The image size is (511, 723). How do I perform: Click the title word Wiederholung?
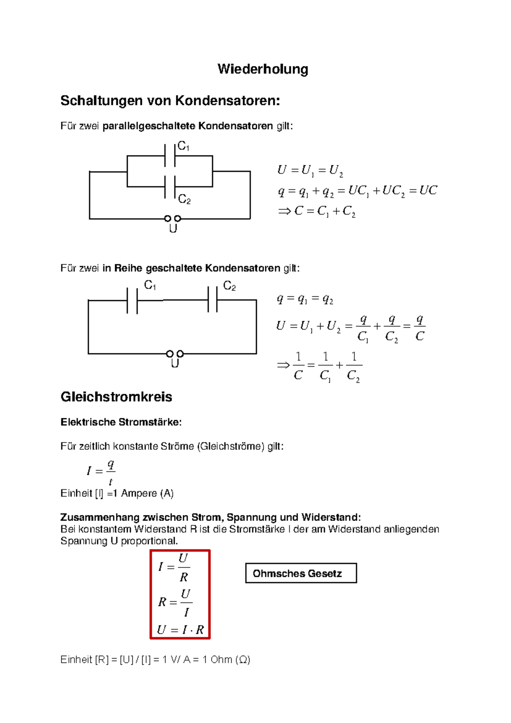click(x=263, y=69)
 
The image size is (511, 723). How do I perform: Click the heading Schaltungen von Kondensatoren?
click(x=170, y=101)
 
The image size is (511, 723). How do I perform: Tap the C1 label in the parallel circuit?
click(x=183, y=146)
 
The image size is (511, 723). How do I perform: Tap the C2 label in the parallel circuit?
click(x=184, y=199)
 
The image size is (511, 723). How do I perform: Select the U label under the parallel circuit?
click(x=173, y=229)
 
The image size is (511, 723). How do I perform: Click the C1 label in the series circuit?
click(x=150, y=285)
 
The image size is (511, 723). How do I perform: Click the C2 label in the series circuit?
click(x=229, y=286)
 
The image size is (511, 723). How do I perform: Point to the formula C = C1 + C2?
click(x=317, y=211)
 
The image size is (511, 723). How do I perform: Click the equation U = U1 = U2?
click(x=310, y=171)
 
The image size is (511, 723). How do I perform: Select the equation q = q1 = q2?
click(x=305, y=299)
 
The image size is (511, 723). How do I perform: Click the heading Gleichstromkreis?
click(x=116, y=397)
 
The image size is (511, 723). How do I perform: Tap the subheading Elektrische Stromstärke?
click(x=121, y=422)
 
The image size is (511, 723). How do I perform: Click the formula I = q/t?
click(x=101, y=471)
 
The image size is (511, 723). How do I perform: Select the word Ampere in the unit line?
click(x=139, y=493)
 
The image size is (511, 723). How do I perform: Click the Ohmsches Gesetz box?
click(x=301, y=573)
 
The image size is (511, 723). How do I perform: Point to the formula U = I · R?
click(x=181, y=630)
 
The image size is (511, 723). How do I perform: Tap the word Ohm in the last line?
click(x=221, y=659)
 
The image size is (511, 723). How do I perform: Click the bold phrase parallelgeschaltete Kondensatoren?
click(x=188, y=126)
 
